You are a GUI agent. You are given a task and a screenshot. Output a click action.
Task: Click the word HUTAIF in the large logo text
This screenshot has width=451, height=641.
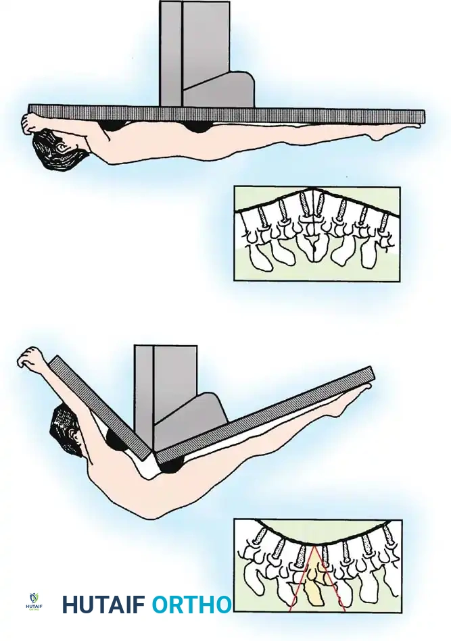point(103,605)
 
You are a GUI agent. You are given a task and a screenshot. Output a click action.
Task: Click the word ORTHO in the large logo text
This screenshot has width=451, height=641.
point(191,605)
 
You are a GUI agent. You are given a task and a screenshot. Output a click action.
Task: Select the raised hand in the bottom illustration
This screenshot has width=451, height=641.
point(30,358)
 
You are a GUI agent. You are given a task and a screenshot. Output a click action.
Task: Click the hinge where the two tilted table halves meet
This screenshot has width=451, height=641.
point(153,454)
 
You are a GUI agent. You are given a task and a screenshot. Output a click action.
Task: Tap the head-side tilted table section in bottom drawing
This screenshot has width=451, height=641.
point(101,405)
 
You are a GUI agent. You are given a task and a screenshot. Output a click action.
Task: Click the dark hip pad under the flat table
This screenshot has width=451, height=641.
point(197,126)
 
